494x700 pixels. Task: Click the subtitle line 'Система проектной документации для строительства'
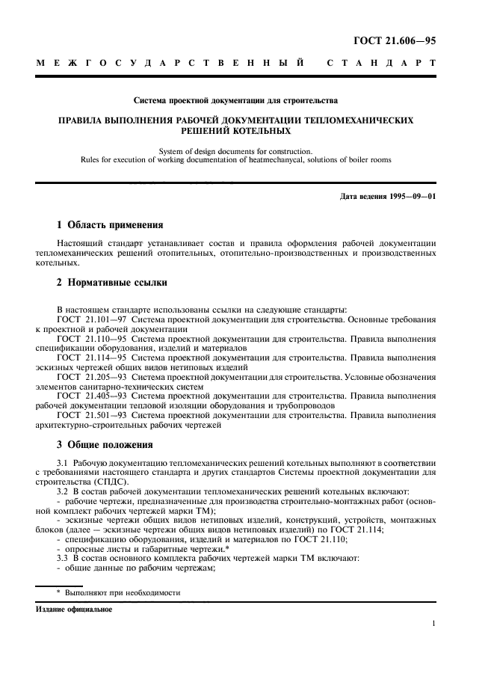click(235, 99)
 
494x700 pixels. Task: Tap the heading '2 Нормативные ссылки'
click(112, 282)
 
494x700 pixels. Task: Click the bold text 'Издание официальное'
click(74, 609)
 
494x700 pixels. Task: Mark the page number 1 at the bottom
click(433, 623)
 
